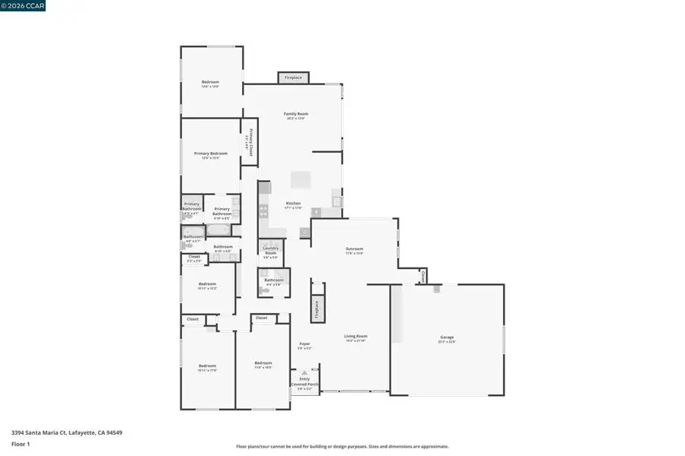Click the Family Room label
click(x=296, y=114)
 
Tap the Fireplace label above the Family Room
click(x=293, y=78)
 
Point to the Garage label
click(x=447, y=337)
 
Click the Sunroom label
click(x=354, y=249)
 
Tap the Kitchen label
click(x=293, y=203)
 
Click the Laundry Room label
click(x=270, y=250)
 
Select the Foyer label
click(x=304, y=344)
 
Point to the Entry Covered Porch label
click(x=304, y=382)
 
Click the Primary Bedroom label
click(x=210, y=153)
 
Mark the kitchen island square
click(x=301, y=179)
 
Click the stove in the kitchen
click(x=264, y=211)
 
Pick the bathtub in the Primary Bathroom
click(x=218, y=229)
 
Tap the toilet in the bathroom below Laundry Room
click(x=263, y=290)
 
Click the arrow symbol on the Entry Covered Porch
click(x=304, y=372)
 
